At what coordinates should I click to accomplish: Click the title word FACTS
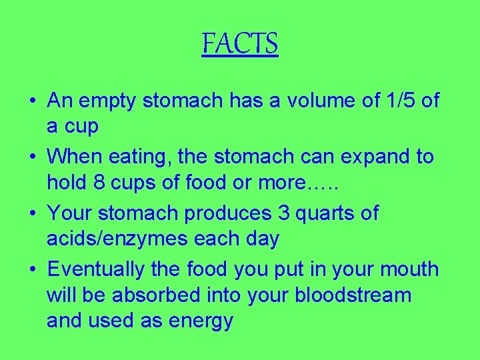coord(239,44)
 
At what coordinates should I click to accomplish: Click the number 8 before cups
coord(99,183)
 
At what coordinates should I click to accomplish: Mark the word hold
coord(67,183)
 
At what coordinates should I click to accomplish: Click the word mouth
coord(409,269)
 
